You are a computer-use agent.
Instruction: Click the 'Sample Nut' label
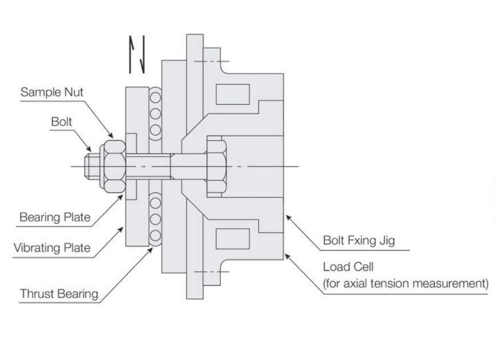click(52, 92)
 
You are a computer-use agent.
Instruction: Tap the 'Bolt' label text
click(62, 122)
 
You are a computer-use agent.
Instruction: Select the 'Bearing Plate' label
click(55, 217)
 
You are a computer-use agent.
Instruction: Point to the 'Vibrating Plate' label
click(52, 248)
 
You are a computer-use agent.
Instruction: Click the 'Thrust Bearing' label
click(59, 294)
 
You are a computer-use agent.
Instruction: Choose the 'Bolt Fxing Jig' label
click(359, 241)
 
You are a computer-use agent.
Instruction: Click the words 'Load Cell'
click(348, 267)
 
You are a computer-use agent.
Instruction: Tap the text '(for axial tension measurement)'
click(406, 284)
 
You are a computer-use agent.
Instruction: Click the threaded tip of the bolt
click(92, 166)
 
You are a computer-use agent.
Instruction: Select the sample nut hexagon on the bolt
click(115, 166)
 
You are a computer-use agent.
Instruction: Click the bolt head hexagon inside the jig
click(217, 166)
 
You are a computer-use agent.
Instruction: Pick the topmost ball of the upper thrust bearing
click(155, 98)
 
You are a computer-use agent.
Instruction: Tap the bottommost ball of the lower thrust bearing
click(155, 236)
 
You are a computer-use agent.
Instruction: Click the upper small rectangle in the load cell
click(233, 94)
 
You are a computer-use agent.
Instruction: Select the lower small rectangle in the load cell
click(233, 239)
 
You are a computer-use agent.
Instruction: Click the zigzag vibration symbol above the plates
click(137, 54)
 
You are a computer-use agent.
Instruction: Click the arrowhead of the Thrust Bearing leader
click(150, 250)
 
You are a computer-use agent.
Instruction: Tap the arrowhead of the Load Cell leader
click(288, 256)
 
